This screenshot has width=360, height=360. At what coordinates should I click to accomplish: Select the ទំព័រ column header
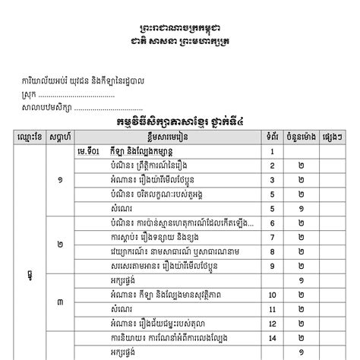point(271,137)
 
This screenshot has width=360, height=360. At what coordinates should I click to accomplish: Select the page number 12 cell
point(271,323)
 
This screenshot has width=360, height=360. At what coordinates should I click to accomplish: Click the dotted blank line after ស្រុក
point(76,95)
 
